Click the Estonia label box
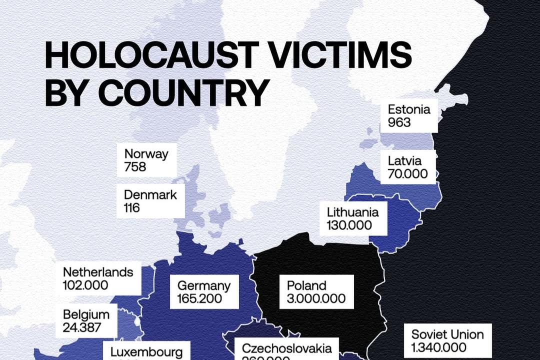(x=408, y=115)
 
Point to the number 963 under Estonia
(x=399, y=122)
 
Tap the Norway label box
(x=146, y=160)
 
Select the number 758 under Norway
(x=135, y=166)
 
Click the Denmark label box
(x=150, y=201)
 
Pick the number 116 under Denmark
(x=132, y=207)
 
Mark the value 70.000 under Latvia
(x=407, y=174)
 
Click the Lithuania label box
(x=353, y=218)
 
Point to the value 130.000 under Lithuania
(x=349, y=225)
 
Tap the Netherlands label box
(x=98, y=278)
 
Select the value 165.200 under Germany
(x=200, y=299)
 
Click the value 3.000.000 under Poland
(x=316, y=299)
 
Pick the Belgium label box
(x=86, y=321)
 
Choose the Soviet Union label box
(x=447, y=340)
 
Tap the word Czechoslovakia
(x=286, y=348)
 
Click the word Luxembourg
(x=147, y=351)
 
